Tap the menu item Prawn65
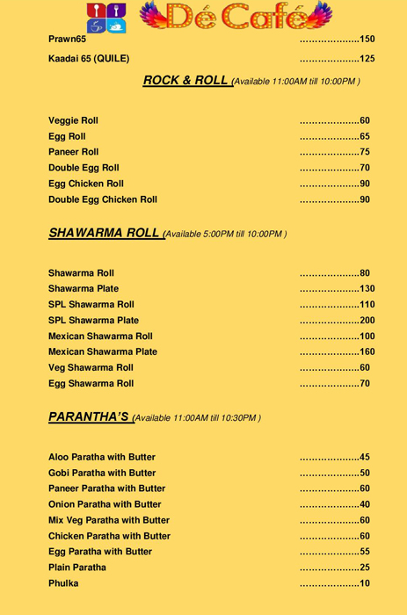[x=68, y=40]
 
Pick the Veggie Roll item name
[x=74, y=120]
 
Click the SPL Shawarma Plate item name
[x=93, y=320]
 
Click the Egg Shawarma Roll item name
[x=91, y=383]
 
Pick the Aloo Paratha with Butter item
[x=101, y=457]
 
